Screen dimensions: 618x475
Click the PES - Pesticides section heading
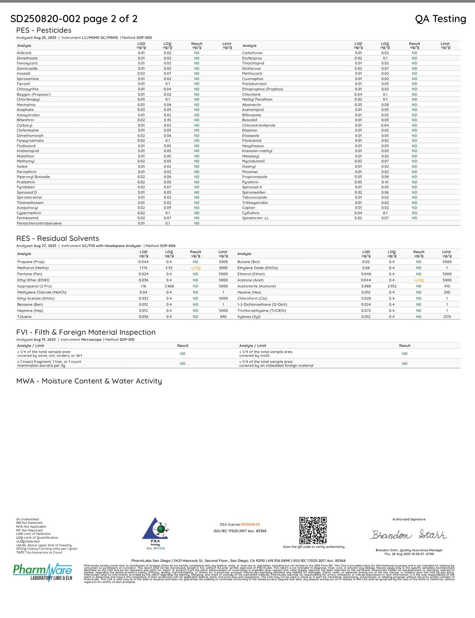pos(44,30)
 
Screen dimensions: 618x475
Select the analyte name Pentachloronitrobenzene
pos(39,223)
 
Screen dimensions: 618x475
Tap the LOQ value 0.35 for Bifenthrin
pos(167,120)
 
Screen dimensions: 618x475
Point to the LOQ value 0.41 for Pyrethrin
pos(385,182)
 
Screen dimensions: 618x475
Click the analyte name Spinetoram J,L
pos(255,218)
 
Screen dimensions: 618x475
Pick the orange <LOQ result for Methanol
pos(195,268)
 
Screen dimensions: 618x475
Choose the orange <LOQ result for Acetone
pos(419,280)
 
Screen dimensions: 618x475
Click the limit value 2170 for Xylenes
pos(447,317)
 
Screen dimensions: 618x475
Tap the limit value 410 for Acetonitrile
pos(447,286)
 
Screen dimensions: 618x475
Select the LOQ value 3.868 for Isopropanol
pos(169,286)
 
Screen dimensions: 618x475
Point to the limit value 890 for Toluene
pos(223,317)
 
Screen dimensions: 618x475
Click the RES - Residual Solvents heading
pos(58,239)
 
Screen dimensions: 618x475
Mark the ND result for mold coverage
pos(404,354)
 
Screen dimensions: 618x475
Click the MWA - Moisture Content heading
pos(89,381)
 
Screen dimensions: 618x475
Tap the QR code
pos(313,530)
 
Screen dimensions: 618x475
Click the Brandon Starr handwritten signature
pos(408,535)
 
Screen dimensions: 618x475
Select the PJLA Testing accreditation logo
pos(155,531)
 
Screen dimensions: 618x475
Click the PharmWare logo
pos(42,571)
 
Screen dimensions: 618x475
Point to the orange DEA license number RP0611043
pos(250,525)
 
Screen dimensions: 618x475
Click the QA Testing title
pos(440,19)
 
